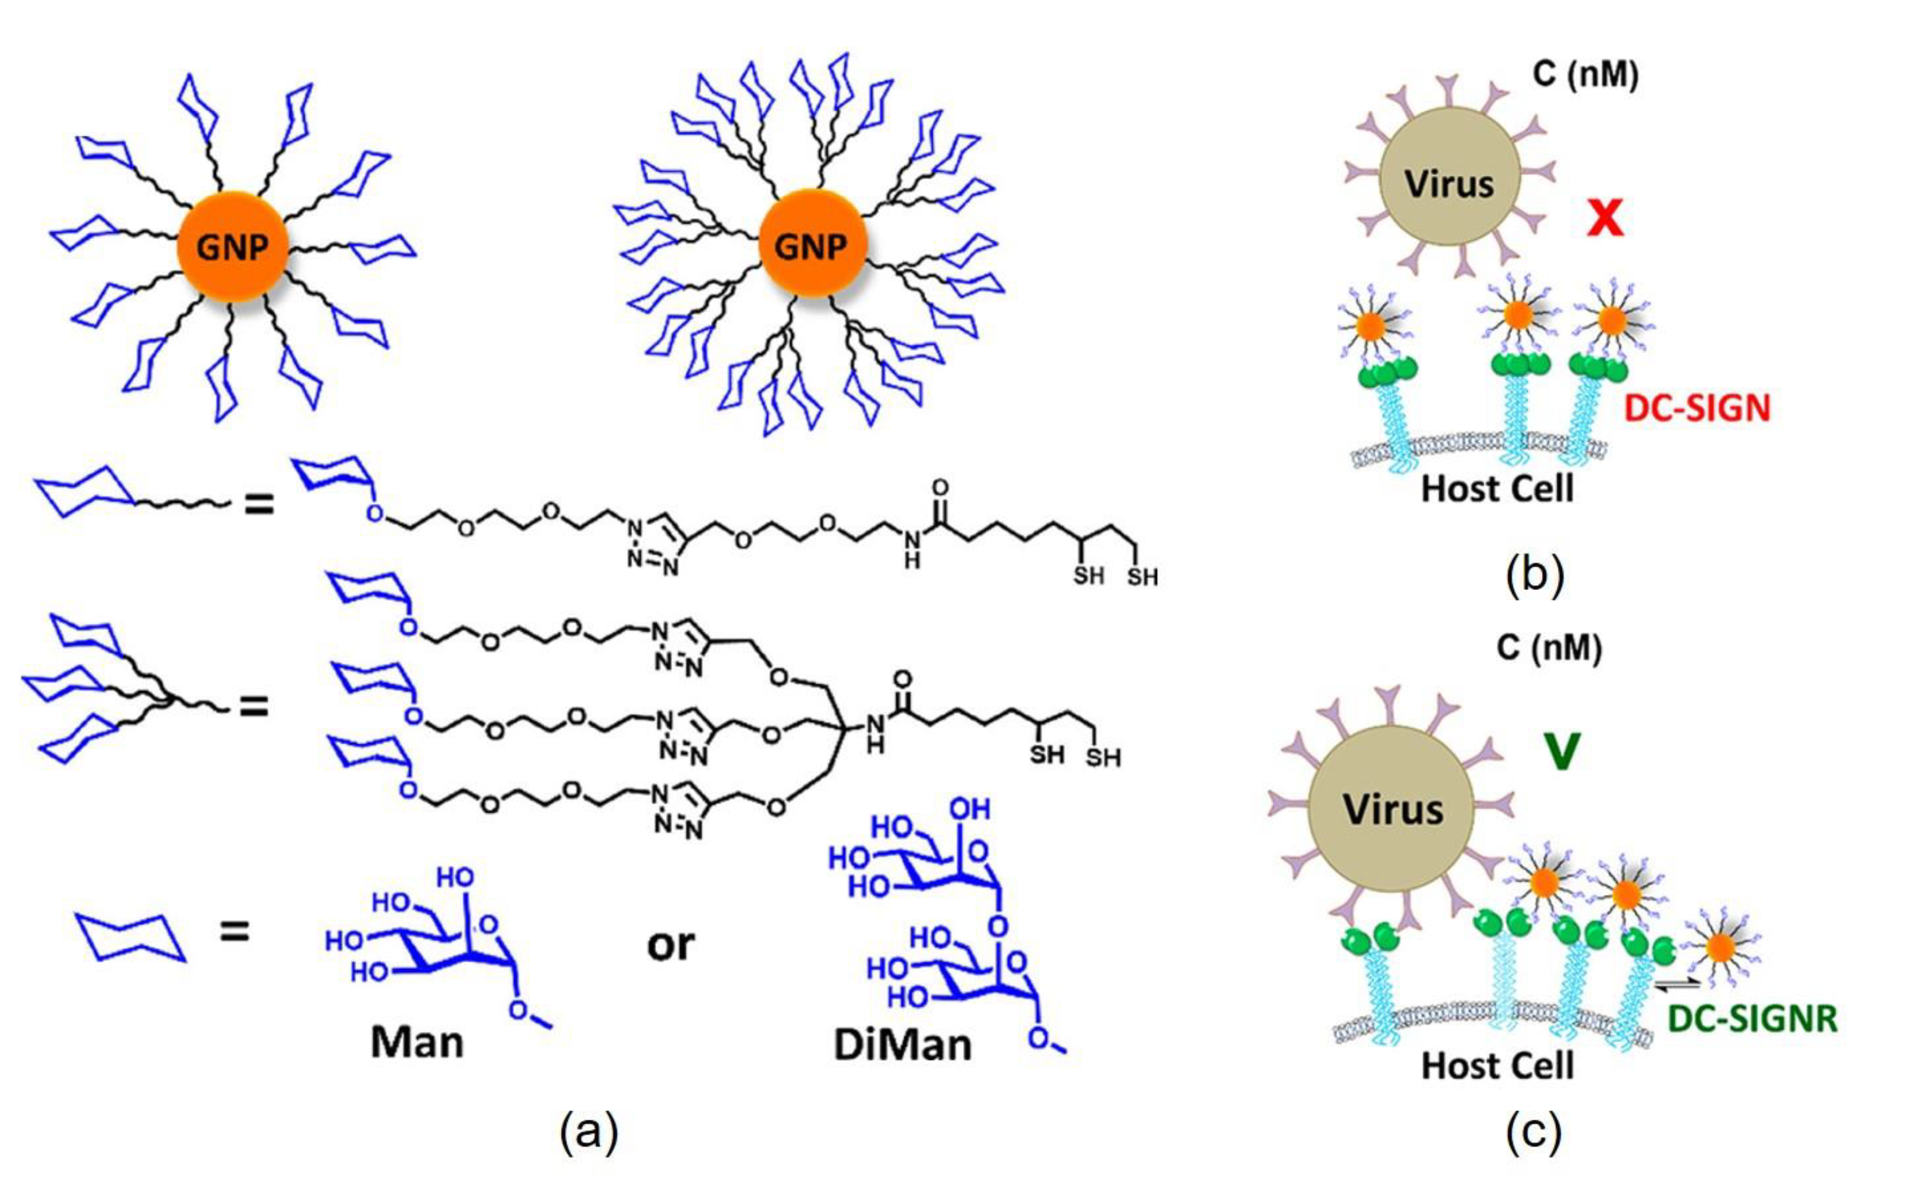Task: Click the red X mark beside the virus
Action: pyautogui.click(x=1604, y=218)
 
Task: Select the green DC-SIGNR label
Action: pyautogui.click(x=1752, y=1019)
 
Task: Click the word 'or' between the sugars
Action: pyautogui.click(x=670, y=945)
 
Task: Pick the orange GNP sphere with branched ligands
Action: pyautogui.click(x=811, y=245)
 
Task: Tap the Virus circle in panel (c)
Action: pyautogui.click(x=1392, y=810)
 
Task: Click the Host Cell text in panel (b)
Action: pyautogui.click(x=1497, y=488)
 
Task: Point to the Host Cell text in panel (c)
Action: pyautogui.click(x=1497, y=1065)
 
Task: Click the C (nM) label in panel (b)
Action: pyautogui.click(x=1585, y=75)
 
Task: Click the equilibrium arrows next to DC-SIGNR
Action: pyautogui.click(x=1677, y=985)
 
